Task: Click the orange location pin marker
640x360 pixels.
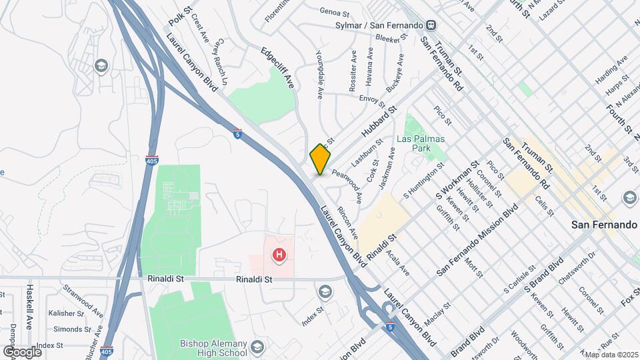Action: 320,159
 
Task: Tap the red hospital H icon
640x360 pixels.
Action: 280,255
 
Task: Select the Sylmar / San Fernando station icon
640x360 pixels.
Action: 432,25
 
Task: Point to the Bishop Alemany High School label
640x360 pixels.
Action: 213,348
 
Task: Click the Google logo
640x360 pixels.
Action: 21,351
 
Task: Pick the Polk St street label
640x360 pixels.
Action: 180,17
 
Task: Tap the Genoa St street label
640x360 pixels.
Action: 334,12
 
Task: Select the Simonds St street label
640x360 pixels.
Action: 68,329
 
